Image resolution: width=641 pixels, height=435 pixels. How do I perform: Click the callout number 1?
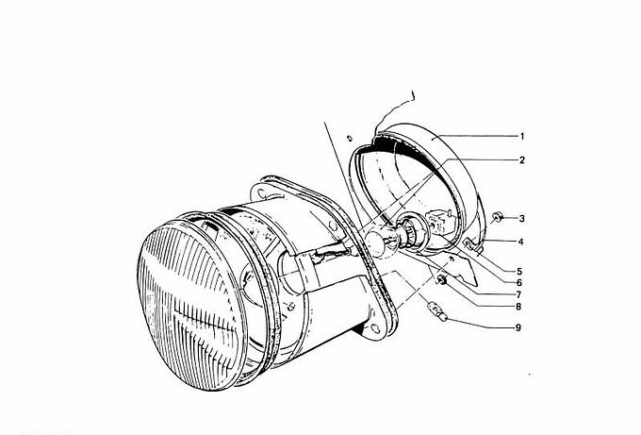pyautogui.click(x=522, y=137)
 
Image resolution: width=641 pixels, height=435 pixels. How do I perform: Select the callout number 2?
pyautogui.click(x=522, y=160)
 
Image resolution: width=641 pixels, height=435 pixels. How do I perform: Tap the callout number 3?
pyautogui.click(x=522, y=219)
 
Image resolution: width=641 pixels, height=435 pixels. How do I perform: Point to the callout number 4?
pyautogui.click(x=520, y=242)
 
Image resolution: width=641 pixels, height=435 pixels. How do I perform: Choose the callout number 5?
pyautogui.click(x=519, y=272)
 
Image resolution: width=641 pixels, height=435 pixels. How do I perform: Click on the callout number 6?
pyautogui.click(x=519, y=283)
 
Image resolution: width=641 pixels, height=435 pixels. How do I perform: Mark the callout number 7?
pyautogui.click(x=518, y=294)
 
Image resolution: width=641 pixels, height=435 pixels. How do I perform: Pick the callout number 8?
pyautogui.click(x=518, y=307)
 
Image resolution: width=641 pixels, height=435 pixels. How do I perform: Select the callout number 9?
pyautogui.click(x=518, y=327)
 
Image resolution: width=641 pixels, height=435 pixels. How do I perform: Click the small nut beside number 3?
pyautogui.click(x=497, y=217)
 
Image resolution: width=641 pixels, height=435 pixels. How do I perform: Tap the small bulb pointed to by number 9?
pyautogui.click(x=437, y=311)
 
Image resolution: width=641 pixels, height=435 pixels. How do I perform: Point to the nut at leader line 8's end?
pyautogui.click(x=441, y=280)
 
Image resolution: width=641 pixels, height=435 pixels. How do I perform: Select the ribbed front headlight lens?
pyautogui.click(x=191, y=305)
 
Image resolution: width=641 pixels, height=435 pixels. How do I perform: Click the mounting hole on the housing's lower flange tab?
pyautogui.click(x=375, y=329)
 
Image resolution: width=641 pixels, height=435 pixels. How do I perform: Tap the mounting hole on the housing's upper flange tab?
pyautogui.click(x=260, y=192)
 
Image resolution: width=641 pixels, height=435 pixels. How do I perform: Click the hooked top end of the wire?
pyautogui.click(x=413, y=95)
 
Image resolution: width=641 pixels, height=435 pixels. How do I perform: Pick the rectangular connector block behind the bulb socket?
pyautogui.click(x=438, y=221)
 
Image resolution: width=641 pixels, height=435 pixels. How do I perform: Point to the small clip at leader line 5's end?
pyautogui.click(x=467, y=244)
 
